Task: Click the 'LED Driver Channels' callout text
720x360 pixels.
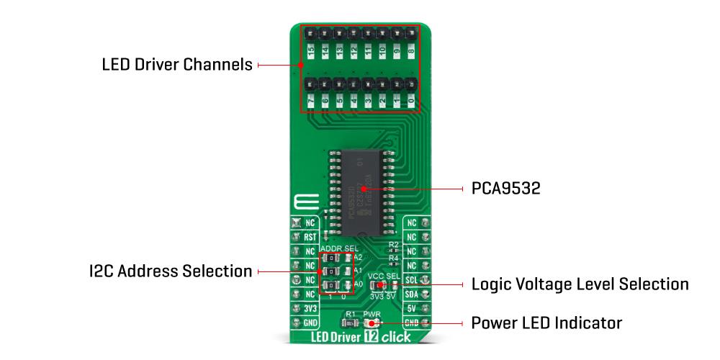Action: pos(176,65)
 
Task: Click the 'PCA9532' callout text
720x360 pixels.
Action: pos(505,189)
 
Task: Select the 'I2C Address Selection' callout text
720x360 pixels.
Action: pos(170,271)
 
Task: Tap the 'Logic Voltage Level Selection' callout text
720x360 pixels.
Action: pos(580,284)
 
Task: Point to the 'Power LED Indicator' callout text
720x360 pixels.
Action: pos(546,322)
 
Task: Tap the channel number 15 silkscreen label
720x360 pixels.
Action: pos(310,51)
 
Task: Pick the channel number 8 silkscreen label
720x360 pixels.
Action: pos(411,51)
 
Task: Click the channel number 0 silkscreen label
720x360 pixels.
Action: pos(411,103)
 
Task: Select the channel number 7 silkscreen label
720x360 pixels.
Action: pos(310,103)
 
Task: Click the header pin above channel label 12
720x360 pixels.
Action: pos(354,33)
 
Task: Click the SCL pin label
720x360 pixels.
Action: pos(411,279)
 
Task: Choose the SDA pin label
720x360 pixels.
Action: pos(411,294)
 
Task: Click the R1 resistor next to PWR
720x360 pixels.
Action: pos(349,323)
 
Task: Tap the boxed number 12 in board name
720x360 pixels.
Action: pos(372,337)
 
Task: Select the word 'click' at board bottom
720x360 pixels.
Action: pos(396,337)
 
